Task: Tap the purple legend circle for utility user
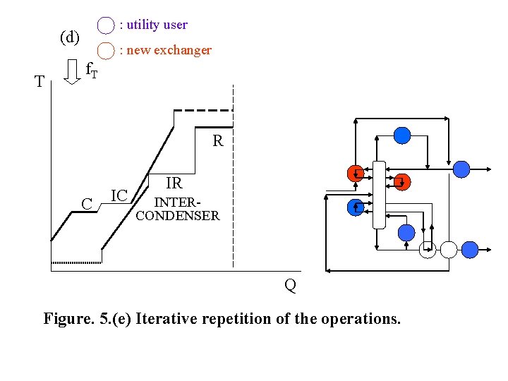[105, 25]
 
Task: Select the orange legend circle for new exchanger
[105, 51]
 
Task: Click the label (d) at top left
[70, 37]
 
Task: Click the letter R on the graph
[218, 141]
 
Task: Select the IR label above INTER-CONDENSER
[174, 184]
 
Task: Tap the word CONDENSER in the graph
[177, 216]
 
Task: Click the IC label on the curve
[119, 195]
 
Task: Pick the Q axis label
[290, 285]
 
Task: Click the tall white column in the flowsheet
[379, 194]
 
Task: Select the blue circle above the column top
[401, 135]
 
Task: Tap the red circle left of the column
[356, 173]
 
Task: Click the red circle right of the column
[402, 182]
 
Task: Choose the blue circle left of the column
[356, 207]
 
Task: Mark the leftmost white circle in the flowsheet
[428, 249]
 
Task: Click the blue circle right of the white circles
[469, 249]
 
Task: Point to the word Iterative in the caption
[168, 319]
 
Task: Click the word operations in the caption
[360, 319]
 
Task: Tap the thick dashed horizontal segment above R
[203, 110]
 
